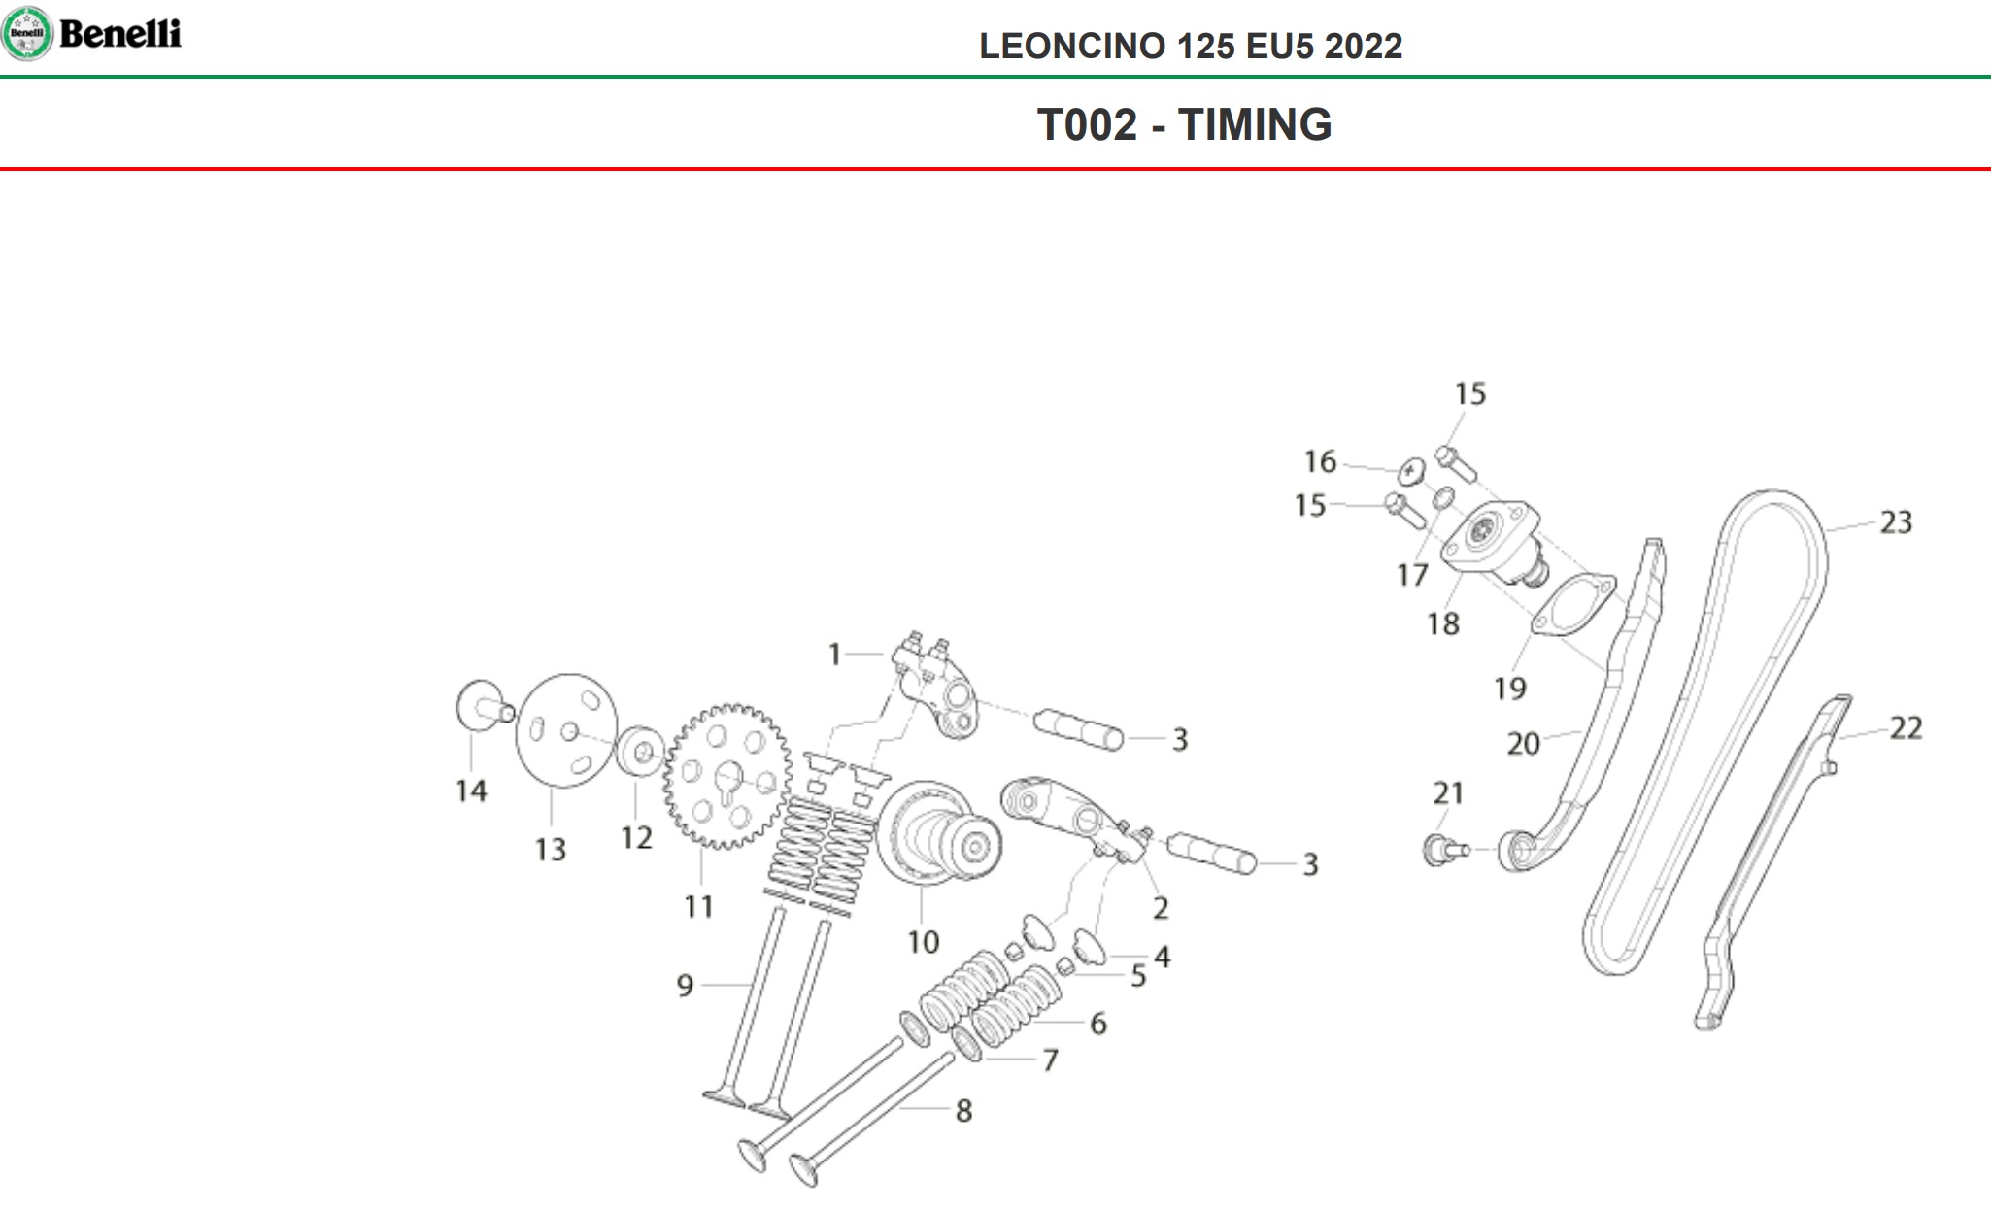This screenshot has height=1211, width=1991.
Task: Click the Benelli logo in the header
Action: point(92,34)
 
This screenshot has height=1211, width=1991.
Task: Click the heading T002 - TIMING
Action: point(1184,124)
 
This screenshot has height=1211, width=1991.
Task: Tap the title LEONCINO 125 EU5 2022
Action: point(1190,47)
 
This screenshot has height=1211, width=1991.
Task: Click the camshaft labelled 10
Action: point(937,835)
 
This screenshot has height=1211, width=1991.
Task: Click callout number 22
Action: point(1906,728)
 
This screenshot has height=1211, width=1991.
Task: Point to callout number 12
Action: point(636,837)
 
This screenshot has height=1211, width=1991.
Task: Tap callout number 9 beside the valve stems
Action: point(685,987)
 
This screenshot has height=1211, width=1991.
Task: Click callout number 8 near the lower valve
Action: point(963,1111)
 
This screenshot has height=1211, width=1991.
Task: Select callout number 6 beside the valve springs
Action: point(1097,1024)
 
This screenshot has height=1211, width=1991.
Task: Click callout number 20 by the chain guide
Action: point(1523,744)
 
